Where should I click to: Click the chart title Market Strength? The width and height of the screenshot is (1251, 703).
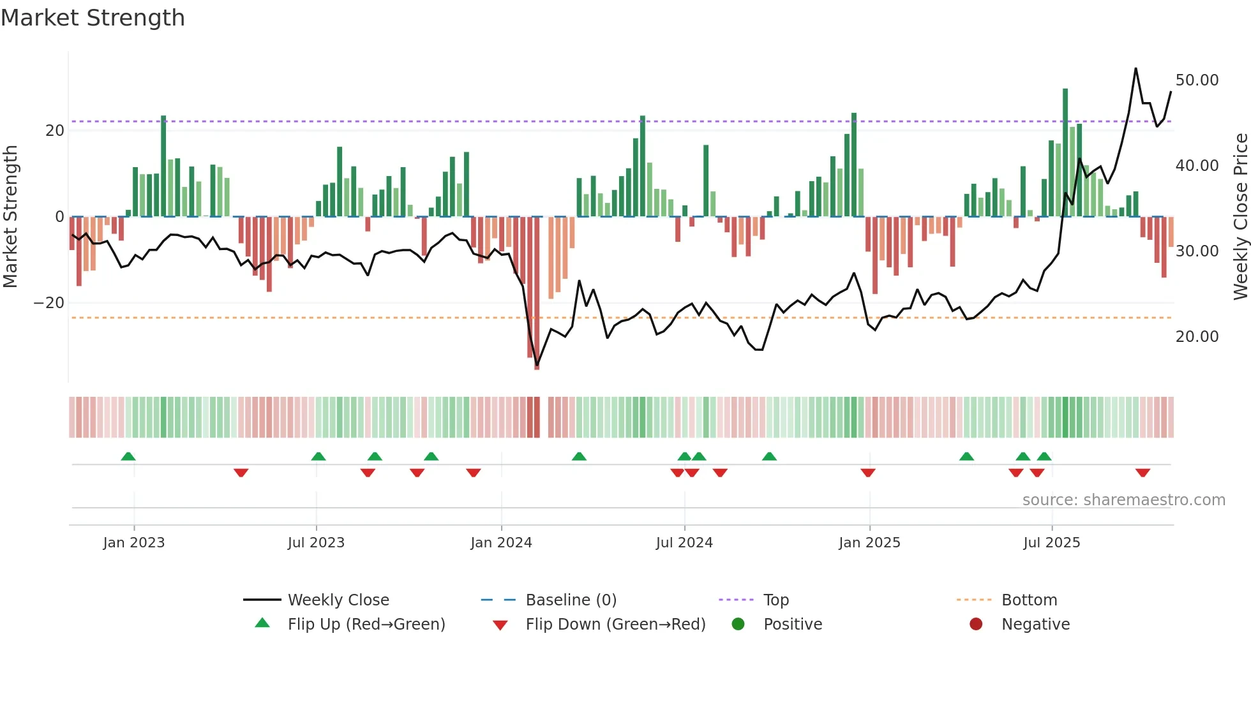coord(93,18)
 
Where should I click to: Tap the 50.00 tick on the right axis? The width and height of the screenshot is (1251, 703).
coord(1197,80)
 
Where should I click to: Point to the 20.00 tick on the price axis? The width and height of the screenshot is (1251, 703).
coord(1197,337)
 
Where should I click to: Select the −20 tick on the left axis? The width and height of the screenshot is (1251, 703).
coord(49,303)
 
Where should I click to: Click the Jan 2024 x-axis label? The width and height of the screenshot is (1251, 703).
coord(501,543)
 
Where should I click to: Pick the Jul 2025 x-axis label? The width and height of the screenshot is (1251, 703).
coord(1051,543)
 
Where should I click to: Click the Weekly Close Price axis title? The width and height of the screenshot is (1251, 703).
coord(1240,217)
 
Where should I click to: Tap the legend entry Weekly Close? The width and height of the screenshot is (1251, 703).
coord(338,600)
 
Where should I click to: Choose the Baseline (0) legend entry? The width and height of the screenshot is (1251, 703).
coord(571,600)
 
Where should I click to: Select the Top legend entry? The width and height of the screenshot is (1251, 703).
coord(775,600)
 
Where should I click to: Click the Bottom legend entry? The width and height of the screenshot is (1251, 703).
coord(1029,600)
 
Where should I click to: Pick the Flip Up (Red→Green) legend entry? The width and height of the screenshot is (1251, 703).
coord(366,625)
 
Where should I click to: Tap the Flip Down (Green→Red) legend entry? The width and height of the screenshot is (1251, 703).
coord(615,625)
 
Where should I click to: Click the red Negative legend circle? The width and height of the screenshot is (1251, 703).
coord(976,625)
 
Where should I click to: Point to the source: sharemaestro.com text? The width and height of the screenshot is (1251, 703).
coord(1123,500)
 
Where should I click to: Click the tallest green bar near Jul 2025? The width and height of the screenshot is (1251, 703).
coord(1065,153)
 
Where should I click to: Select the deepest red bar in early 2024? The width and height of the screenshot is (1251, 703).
coord(537,293)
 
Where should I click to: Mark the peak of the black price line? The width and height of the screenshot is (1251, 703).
coord(1135,68)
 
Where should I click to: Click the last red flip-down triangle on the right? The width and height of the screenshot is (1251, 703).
coord(1142,473)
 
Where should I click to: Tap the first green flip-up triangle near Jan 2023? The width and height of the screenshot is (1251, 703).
coord(128,457)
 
